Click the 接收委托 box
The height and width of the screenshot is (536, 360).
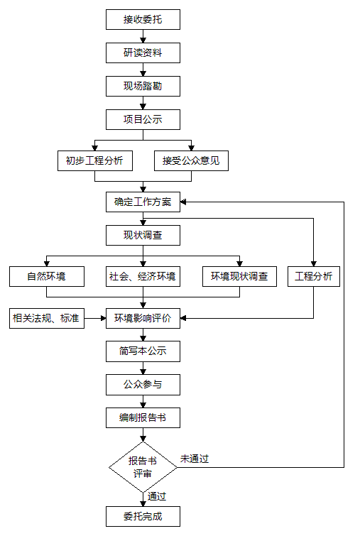tap(143, 19)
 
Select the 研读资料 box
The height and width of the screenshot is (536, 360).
tap(143, 53)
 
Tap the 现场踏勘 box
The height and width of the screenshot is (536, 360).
tap(143, 86)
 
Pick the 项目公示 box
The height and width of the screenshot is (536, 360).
tap(143, 120)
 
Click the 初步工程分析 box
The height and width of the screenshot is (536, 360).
tap(94, 161)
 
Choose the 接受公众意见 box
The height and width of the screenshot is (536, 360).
tap(191, 161)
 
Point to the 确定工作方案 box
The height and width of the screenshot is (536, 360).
tap(143, 202)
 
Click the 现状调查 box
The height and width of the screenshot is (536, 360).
tap(143, 236)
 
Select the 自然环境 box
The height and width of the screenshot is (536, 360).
tap(47, 277)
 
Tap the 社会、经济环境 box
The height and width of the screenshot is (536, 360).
tap(143, 277)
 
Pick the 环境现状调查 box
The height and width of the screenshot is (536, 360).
tap(239, 277)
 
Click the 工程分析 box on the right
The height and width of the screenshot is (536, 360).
tap(314, 277)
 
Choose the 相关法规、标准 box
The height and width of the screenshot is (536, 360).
tap(47, 319)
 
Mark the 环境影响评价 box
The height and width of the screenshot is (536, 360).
tap(143, 319)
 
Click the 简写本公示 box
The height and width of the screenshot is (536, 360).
tap(143, 351)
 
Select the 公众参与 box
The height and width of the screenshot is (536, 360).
tap(143, 385)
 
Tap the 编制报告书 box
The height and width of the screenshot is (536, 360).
tap(143, 418)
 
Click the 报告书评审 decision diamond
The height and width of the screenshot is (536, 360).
tap(143, 467)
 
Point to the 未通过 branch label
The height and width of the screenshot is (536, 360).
tap(195, 459)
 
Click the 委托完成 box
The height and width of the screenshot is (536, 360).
tap(143, 517)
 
